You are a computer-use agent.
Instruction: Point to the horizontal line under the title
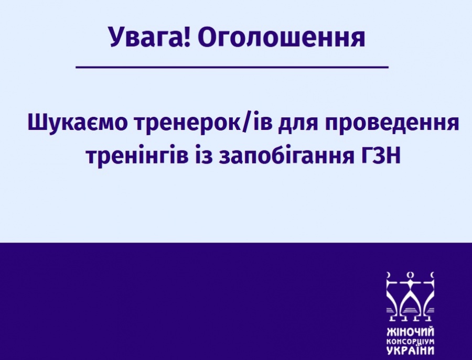point(232,67)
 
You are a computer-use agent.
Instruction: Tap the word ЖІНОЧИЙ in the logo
point(410,332)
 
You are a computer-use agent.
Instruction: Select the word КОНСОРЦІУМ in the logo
point(410,342)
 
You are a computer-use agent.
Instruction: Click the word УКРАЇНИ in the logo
point(410,351)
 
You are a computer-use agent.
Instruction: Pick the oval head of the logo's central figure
point(410,275)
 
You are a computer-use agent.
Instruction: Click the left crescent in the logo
point(389,275)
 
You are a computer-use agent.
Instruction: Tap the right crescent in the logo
point(433,275)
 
